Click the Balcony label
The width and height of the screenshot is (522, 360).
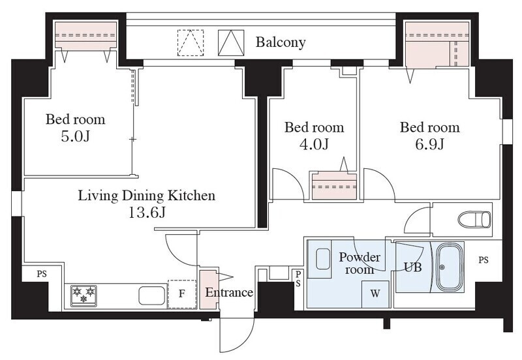(281, 42)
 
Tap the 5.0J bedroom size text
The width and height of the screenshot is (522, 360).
(76, 136)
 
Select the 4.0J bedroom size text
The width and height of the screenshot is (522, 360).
(314, 144)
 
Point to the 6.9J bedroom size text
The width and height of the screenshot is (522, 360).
(429, 144)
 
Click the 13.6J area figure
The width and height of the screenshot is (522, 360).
(147, 212)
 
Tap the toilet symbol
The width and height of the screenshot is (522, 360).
(474, 220)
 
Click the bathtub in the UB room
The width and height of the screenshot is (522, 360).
(450, 267)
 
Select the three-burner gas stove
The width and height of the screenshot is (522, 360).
(84, 295)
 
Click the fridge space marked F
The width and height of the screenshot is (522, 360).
(182, 294)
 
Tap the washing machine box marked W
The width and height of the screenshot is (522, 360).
(375, 294)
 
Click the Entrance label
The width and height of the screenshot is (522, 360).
(229, 292)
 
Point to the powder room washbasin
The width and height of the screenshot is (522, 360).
(322, 259)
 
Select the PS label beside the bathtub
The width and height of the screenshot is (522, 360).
(484, 260)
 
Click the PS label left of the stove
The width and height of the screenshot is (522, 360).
(42, 275)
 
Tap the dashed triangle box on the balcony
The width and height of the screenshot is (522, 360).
(191, 42)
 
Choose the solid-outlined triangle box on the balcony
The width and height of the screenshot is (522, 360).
(231, 42)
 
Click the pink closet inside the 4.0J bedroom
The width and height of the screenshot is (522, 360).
(334, 187)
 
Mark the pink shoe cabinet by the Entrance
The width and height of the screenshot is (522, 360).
(209, 290)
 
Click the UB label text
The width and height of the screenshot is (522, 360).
(413, 267)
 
